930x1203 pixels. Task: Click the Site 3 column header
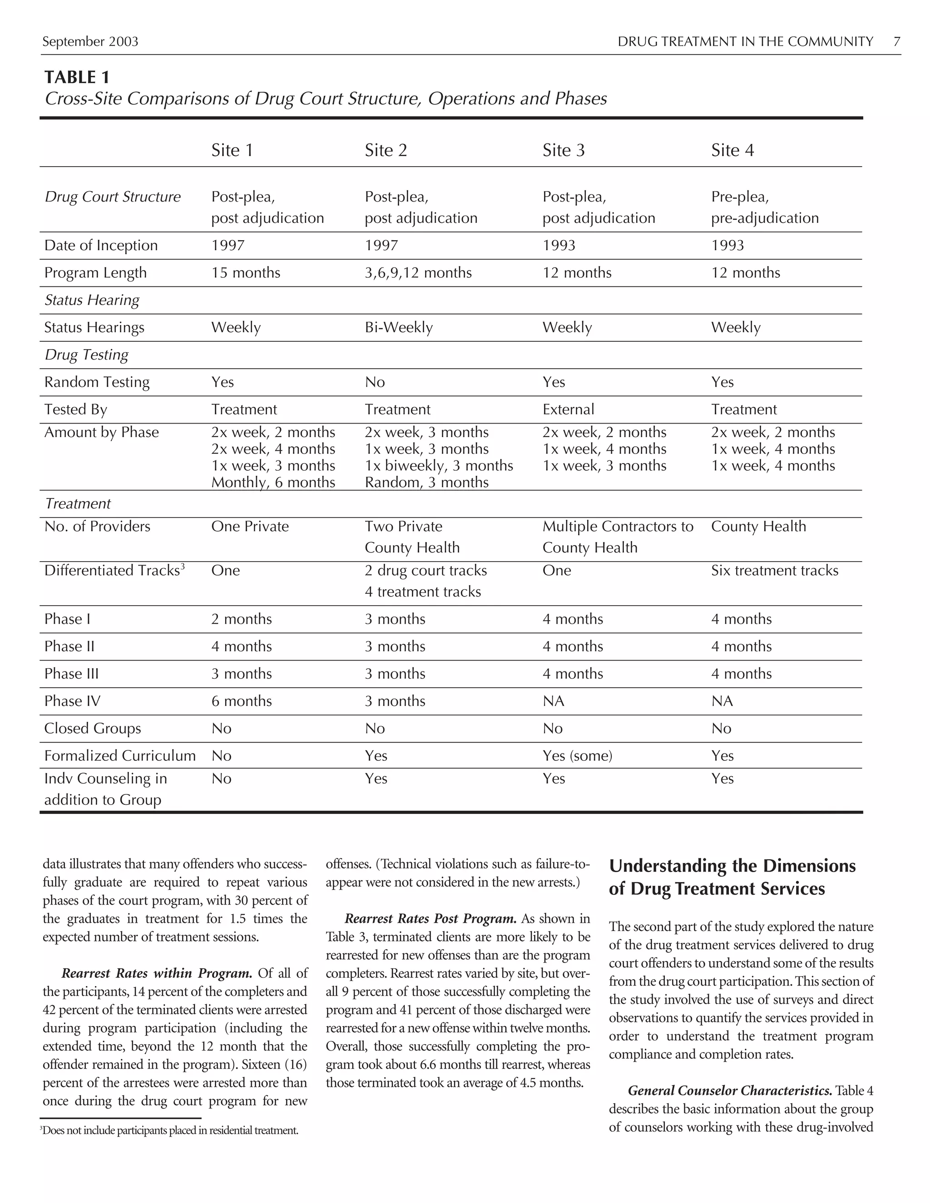click(x=563, y=150)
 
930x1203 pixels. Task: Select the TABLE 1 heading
click(x=77, y=77)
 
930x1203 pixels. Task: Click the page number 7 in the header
click(x=897, y=41)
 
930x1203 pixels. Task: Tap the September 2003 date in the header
click(x=90, y=41)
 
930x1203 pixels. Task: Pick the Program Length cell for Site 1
click(x=246, y=273)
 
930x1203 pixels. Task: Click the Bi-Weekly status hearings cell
click(x=398, y=327)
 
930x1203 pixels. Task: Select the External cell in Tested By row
click(x=568, y=409)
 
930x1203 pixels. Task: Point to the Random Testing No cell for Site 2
click(x=375, y=382)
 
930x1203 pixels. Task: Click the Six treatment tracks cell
click(x=774, y=570)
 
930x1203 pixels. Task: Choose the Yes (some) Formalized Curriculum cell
click(x=577, y=755)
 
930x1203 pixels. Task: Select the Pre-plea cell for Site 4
click(x=764, y=207)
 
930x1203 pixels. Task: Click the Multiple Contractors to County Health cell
click(x=617, y=537)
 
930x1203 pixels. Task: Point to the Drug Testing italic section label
click(x=86, y=354)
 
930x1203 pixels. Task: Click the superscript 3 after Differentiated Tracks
click(x=183, y=566)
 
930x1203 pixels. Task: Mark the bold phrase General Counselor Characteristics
click(x=729, y=1090)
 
